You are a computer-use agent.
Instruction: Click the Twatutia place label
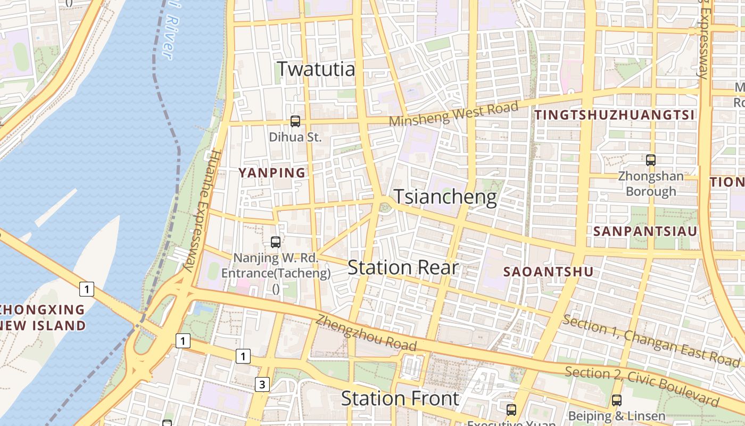[316, 69]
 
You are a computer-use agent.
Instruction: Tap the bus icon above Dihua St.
[295, 121]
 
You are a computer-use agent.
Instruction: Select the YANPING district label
[272, 173]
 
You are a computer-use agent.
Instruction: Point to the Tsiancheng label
[445, 198]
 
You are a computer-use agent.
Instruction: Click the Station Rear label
[403, 267]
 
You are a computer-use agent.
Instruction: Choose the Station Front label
[400, 398]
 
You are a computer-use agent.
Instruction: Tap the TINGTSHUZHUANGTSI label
[615, 115]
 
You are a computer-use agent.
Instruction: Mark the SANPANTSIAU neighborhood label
[645, 231]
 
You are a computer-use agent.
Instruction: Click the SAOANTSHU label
[548, 272]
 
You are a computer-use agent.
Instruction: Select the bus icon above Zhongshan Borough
[650, 160]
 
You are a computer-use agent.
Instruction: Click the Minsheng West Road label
[453, 114]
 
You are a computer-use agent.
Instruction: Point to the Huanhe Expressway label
[201, 211]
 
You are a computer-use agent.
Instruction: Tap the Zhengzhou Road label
[366, 333]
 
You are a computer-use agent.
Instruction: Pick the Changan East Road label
[651, 341]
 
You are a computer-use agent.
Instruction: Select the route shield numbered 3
[262, 383]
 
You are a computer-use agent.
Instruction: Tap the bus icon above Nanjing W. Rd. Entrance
[275, 242]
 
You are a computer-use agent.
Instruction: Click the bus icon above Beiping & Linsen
[616, 400]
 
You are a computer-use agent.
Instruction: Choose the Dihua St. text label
[295, 137]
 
